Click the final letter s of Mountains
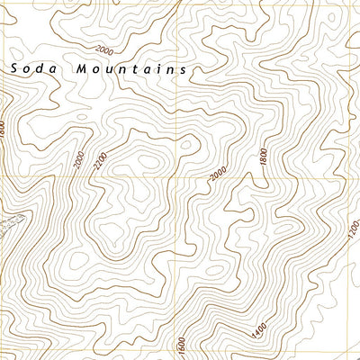click(x=183, y=68)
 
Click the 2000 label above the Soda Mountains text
click(x=107, y=49)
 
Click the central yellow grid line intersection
click(x=189, y=176)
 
